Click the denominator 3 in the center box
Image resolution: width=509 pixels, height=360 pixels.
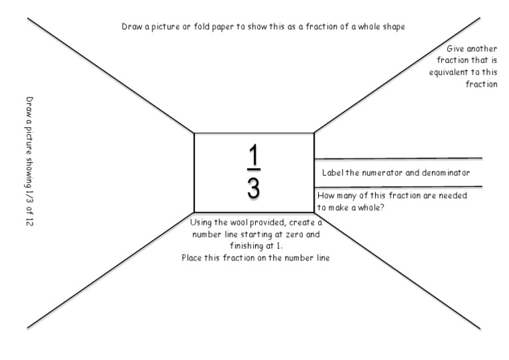[x=254, y=188]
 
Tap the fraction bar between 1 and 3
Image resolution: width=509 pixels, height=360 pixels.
[x=254, y=171]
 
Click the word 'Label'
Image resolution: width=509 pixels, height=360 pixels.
[x=333, y=172]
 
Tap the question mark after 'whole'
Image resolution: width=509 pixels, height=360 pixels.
[x=386, y=207]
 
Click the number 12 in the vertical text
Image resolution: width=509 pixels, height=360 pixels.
[x=29, y=220]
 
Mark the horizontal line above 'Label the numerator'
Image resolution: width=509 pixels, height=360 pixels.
[x=398, y=158]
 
